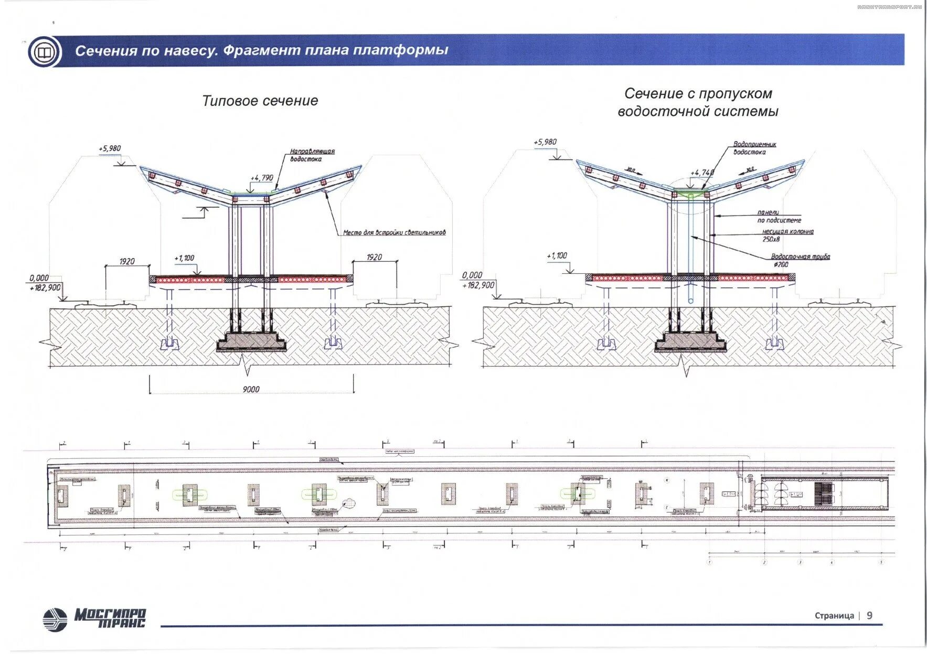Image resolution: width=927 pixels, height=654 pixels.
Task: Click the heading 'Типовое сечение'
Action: pyautogui.click(x=260, y=101)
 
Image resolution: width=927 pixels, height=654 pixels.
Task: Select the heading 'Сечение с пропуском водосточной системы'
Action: pyautogui.click(x=698, y=102)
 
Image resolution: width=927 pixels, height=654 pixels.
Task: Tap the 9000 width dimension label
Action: pyautogui.click(x=251, y=389)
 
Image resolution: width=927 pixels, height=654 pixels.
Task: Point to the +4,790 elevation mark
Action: pyautogui.click(x=262, y=178)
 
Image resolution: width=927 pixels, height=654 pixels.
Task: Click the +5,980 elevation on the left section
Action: pyautogui.click(x=110, y=148)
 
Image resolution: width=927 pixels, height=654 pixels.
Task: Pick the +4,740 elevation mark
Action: pyautogui.click(x=702, y=173)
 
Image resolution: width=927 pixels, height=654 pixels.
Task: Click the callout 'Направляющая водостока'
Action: pyautogui.click(x=312, y=155)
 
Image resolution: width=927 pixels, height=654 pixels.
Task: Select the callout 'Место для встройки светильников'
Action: pyautogui.click(x=394, y=232)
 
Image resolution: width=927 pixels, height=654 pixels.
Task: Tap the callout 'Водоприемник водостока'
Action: pyautogui.click(x=754, y=148)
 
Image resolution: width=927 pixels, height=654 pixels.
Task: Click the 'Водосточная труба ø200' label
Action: pyautogui.click(x=800, y=260)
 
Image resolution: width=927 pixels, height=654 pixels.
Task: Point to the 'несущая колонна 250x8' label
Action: pyautogui.click(x=787, y=235)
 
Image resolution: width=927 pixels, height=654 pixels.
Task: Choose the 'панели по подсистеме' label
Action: pyautogui.click(x=779, y=216)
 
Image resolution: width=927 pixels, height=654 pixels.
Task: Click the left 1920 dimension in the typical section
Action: pyautogui.click(x=127, y=261)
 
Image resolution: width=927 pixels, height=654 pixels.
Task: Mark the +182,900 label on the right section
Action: pyautogui.click(x=478, y=285)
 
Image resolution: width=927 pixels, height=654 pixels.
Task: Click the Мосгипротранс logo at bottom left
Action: pyautogui.click(x=94, y=619)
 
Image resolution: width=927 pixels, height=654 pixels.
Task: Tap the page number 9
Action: pyautogui.click(x=869, y=615)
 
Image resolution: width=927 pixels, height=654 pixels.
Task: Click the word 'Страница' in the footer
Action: pyautogui.click(x=834, y=616)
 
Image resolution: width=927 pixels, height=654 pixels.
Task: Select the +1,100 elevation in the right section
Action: pyautogui.click(x=557, y=255)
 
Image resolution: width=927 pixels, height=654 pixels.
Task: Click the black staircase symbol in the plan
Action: pyautogui.click(x=824, y=494)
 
